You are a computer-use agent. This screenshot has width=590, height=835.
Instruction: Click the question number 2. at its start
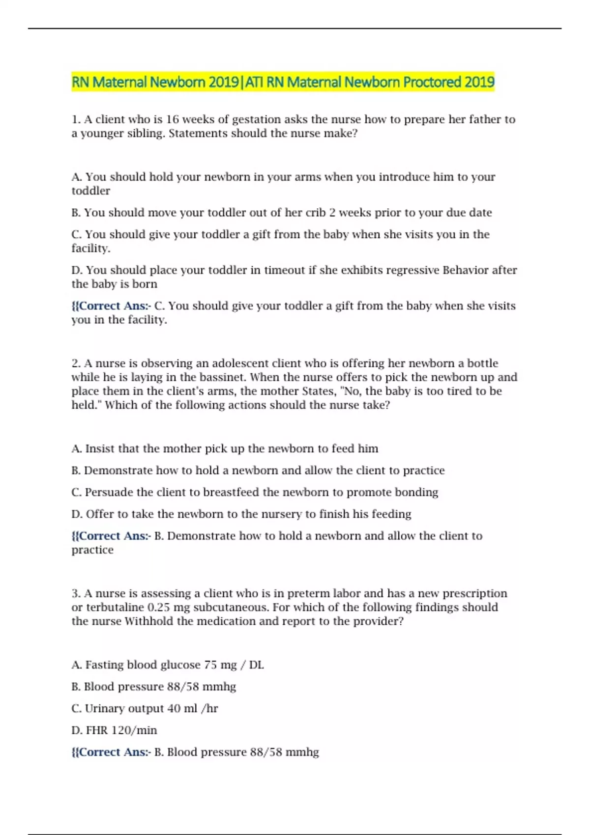[76, 363]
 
